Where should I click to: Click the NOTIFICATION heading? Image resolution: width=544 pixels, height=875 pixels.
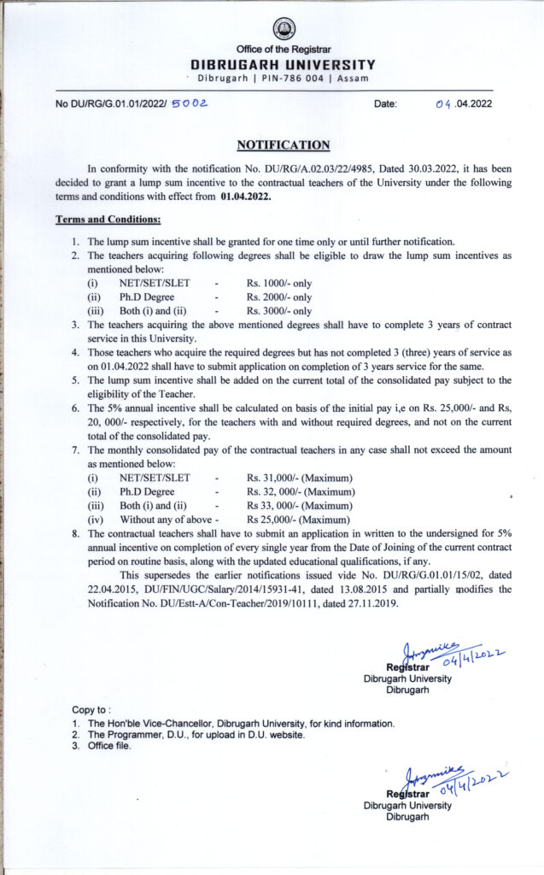[283, 145]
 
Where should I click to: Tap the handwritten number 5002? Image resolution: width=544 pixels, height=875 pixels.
[191, 103]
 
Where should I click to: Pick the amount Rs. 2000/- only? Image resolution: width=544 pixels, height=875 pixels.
[279, 297]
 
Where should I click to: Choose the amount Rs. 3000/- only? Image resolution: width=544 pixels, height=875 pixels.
[279, 311]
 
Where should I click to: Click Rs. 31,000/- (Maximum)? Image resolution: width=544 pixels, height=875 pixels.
[300, 478]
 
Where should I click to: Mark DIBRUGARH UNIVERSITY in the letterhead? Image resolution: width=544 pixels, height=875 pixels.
[283, 64]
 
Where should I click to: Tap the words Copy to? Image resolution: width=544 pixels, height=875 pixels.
[91, 710]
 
